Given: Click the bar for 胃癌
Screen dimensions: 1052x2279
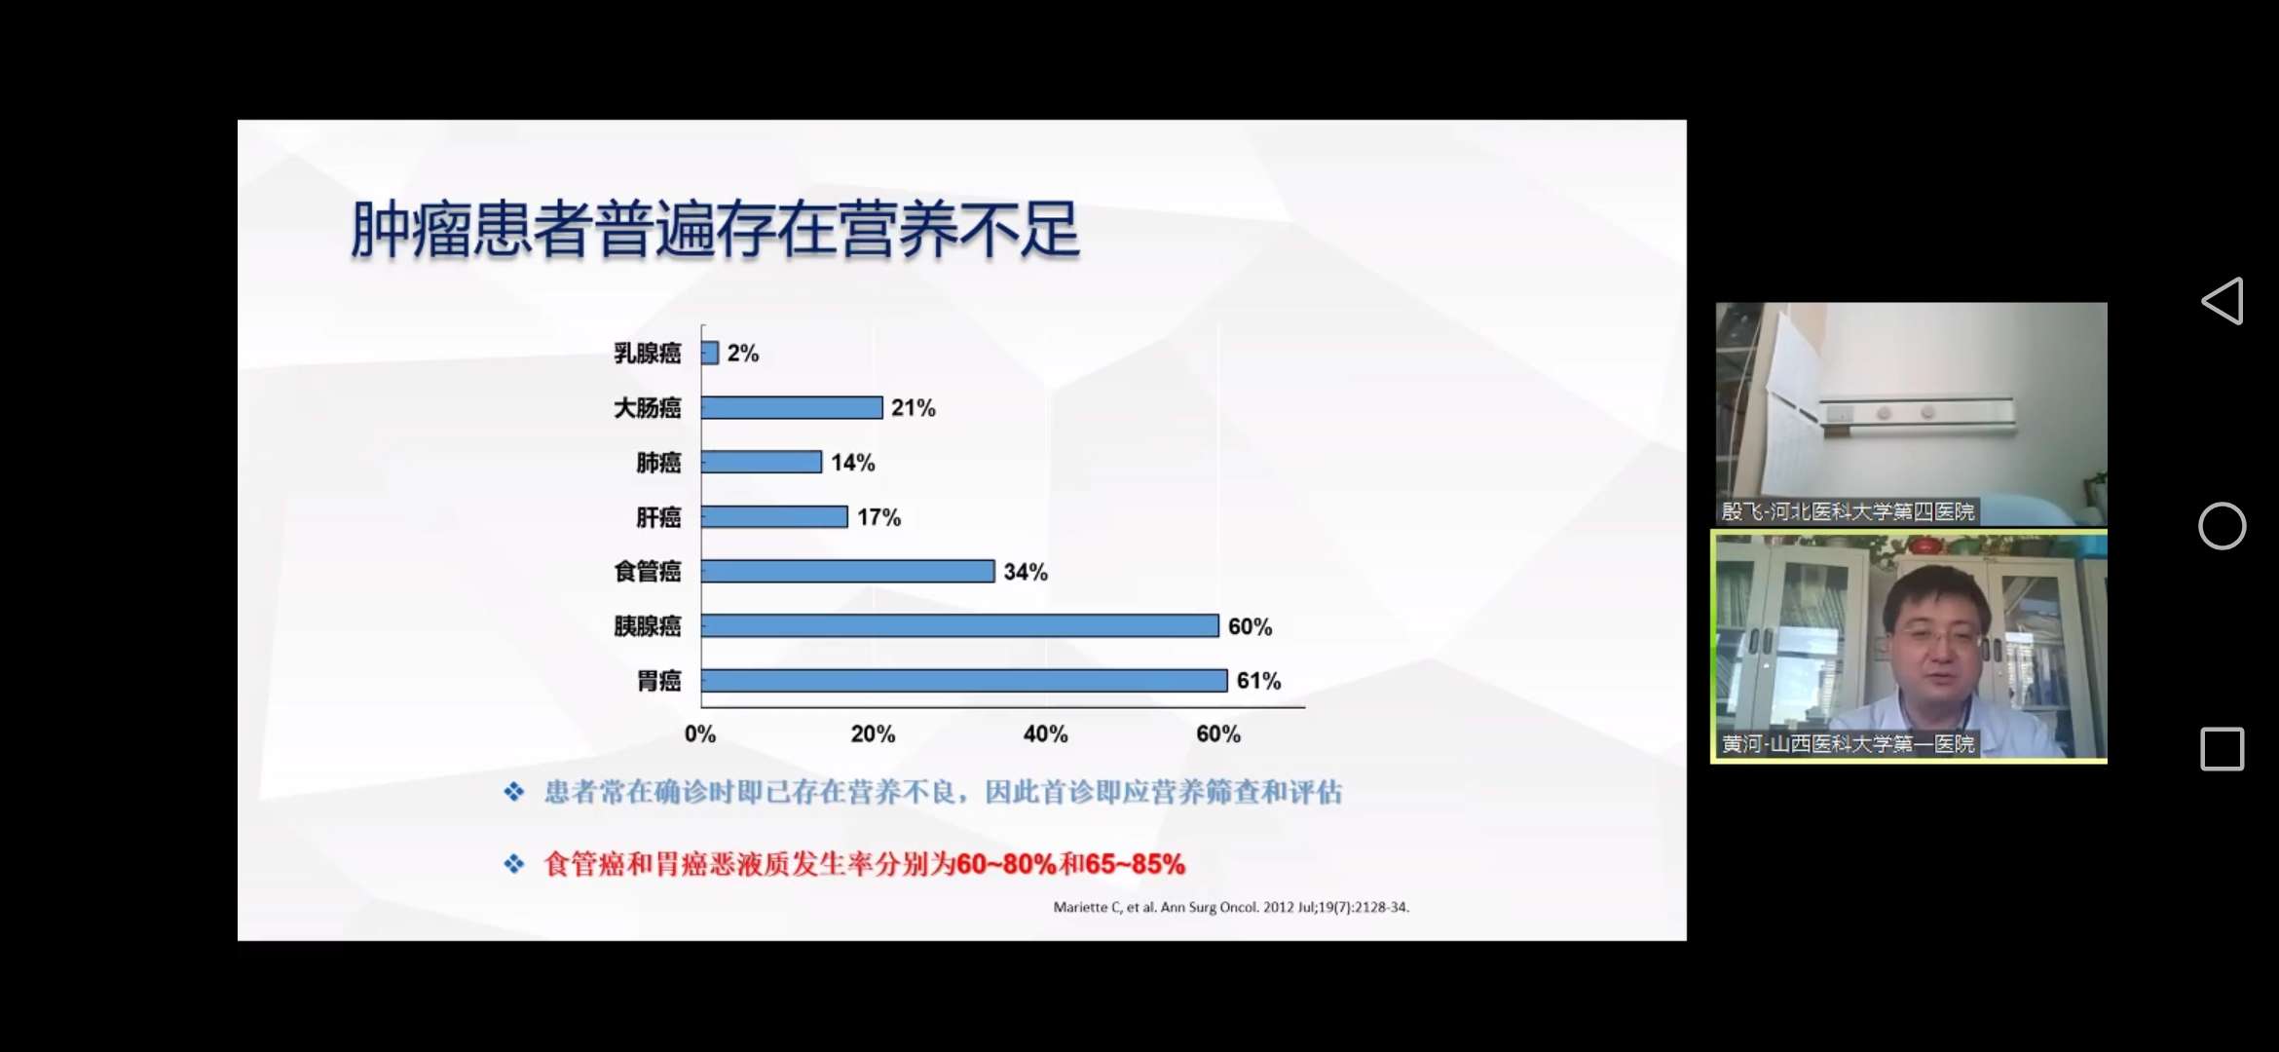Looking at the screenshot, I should click(x=963, y=681).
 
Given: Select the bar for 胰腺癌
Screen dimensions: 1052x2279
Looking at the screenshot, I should click(x=959, y=626).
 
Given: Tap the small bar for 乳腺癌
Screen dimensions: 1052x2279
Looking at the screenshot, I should click(x=710, y=353).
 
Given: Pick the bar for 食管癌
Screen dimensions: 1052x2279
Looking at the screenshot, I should click(x=847, y=572).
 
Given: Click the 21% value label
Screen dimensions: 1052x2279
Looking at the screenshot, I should click(x=913, y=408).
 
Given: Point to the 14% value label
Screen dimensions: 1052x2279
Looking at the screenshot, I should click(x=852, y=463).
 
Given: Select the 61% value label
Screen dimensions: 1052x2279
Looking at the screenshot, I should click(x=1258, y=681).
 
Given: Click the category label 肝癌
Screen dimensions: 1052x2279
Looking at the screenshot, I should click(x=658, y=517).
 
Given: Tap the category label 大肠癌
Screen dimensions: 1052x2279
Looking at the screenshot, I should click(x=647, y=408).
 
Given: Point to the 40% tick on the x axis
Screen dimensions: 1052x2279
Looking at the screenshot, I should click(x=1045, y=734).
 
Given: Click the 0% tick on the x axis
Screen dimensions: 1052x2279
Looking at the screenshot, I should click(x=699, y=734).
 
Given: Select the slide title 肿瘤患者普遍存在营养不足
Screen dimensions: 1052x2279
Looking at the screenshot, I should click(x=715, y=230).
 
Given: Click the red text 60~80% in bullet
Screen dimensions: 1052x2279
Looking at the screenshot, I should click(x=1006, y=864).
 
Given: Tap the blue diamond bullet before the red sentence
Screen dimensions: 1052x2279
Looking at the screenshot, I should click(x=514, y=864).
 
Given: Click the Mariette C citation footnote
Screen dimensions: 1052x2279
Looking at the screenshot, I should click(x=1230, y=907).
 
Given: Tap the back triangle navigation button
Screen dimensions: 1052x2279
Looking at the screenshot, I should click(x=2223, y=301).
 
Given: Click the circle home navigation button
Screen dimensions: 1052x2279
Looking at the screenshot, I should click(x=2222, y=526).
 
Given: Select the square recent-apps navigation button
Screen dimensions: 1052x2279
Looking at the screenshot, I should click(x=2222, y=749).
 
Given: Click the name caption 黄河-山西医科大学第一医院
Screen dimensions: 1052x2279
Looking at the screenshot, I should click(x=1848, y=744).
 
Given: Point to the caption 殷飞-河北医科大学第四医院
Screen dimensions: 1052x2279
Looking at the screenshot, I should click(x=1848, y=511).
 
